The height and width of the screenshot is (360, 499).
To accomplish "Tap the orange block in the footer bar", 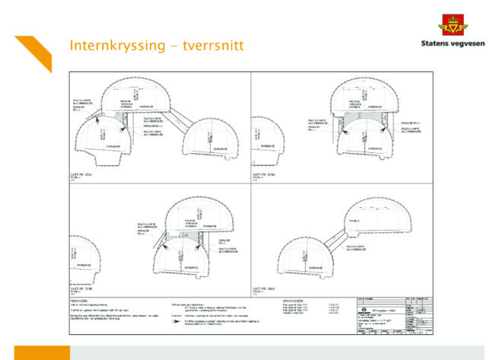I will [42, 352].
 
